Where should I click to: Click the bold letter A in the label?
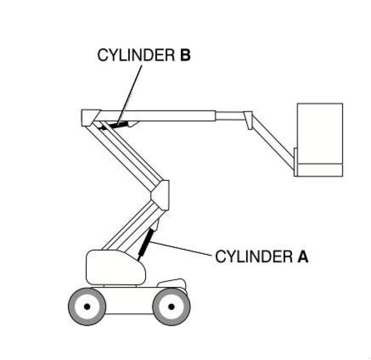tap(302, 257)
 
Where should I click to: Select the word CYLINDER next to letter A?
tap(253, 257)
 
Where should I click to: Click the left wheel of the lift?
tap(87, 307)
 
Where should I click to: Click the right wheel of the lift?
tap(171, 307)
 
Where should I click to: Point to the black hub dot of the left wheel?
tap(87, 307)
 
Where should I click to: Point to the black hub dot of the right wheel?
tap(171, 307)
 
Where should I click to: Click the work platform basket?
tap(320, 135)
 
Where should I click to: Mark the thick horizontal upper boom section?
tap(158, 116)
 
